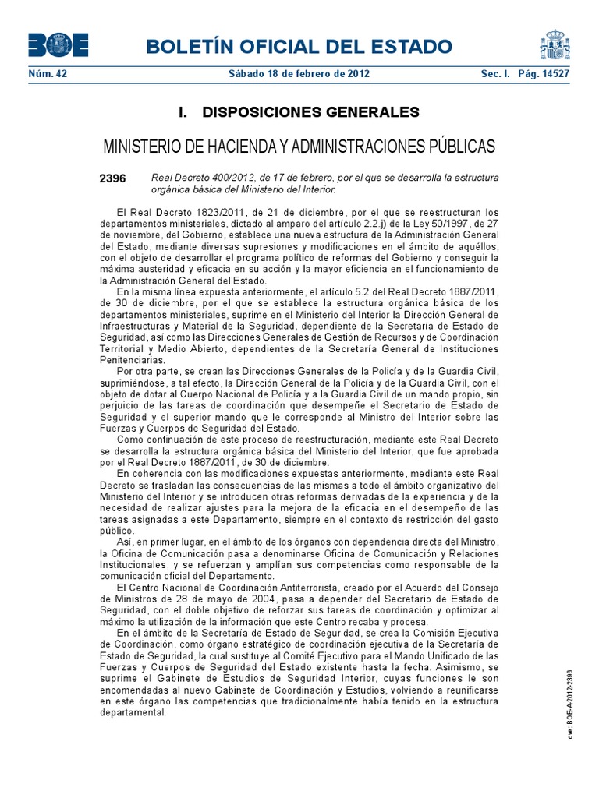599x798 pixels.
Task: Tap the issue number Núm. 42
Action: pyautogui.click(x=45, y=74)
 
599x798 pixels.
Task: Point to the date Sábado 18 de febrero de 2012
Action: pyautogui.click(x=299, y=74)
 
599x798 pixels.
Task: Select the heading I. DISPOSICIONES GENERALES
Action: pyautogui.click(x=299, y=112)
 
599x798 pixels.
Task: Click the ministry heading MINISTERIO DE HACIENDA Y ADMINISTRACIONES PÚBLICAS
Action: pyautogui.click(x=299, y=147)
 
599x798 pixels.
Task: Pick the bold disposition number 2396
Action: pyautogui.click(x=112, y=178)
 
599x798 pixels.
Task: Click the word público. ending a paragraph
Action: pyautogui.click(x=116, y=529)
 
